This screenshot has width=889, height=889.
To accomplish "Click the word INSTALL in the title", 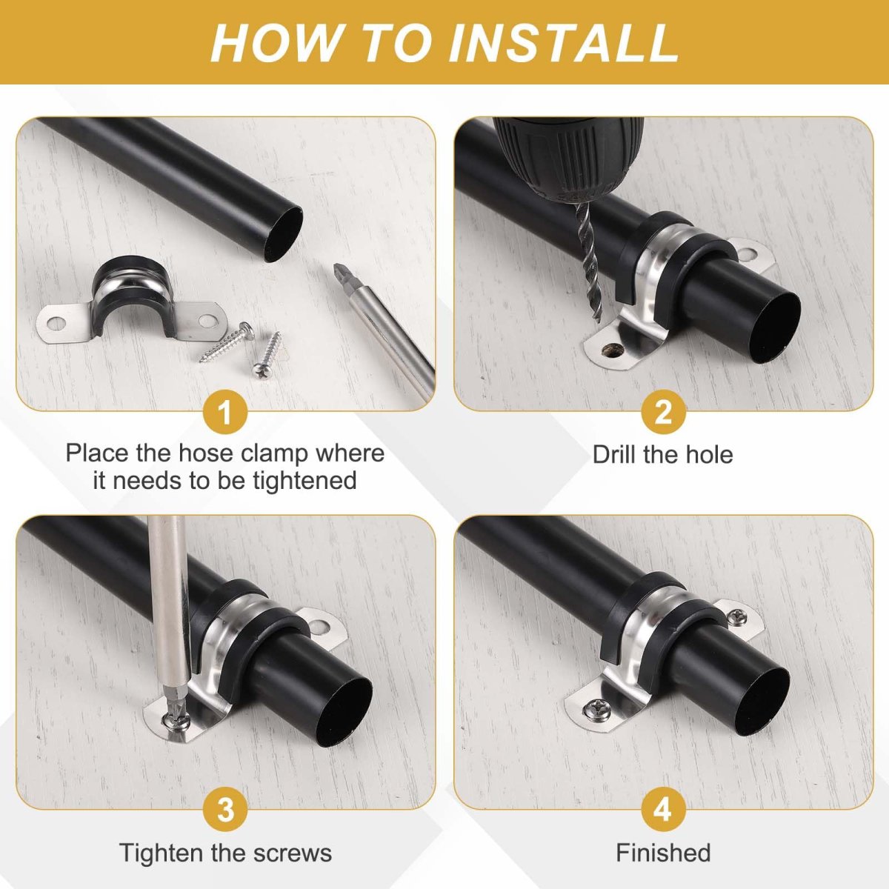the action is (564, 42).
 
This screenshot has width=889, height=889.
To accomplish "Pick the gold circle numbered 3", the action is (226, 809).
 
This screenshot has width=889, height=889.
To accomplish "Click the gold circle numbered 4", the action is (663, 809).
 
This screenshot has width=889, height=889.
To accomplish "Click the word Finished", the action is (663, 853).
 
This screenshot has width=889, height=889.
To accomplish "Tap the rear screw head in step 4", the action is (736, 615).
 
